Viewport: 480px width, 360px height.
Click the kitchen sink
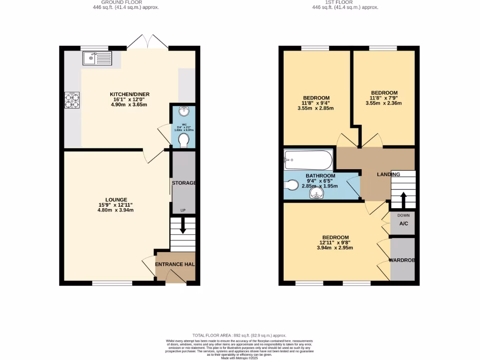97,59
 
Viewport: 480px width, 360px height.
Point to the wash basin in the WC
184,112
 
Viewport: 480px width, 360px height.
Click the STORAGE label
184,183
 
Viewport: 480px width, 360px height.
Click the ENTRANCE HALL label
175,265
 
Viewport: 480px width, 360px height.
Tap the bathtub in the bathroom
308,160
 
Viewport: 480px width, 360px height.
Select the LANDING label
389,174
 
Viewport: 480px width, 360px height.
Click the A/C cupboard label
404,224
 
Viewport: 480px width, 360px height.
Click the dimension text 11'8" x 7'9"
384,98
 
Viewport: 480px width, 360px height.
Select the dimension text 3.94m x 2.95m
334,248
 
